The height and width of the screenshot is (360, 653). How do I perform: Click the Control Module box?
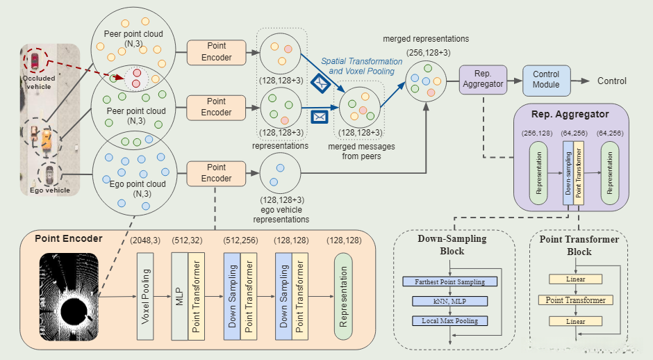(546, 81)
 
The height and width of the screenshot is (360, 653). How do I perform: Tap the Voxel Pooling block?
(145, 296)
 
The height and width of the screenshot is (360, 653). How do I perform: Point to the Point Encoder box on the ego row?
(216, 173)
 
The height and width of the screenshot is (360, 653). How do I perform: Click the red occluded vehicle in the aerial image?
(33, 60)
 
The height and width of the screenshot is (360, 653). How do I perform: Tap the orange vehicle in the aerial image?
(46, 140)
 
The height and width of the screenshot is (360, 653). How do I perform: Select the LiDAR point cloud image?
(69, 296)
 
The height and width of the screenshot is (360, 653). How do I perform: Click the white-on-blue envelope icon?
(320, 116)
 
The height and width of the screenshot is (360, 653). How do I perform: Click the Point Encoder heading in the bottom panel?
(68, 238)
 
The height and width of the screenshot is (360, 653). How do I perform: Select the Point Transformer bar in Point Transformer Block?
(576, 300)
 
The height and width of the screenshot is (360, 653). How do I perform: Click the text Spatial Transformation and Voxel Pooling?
(361, 66)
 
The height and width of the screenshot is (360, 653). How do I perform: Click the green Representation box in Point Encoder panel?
(342, 296)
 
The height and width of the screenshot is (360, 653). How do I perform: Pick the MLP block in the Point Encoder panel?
(179, 296)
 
